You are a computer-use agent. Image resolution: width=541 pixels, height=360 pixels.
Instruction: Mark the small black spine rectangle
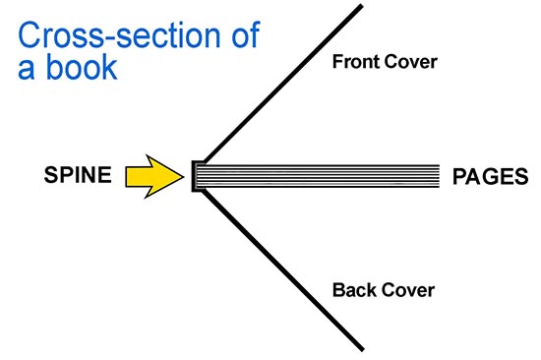(x=195, y=175)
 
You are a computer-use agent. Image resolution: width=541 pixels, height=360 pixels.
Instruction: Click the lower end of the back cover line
(x=363, y=350)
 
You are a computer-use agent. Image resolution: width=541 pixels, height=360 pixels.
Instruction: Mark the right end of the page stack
(x=437, y=175)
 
